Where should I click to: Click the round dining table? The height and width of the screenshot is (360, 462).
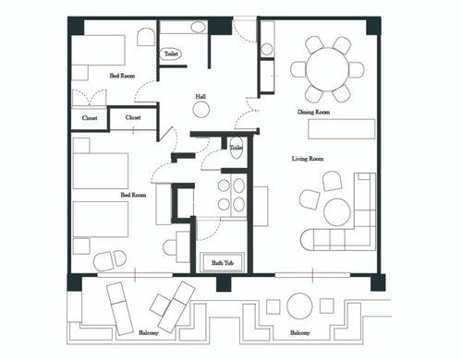point(327,69)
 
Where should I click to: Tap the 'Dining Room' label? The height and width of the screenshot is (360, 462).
point(313,112)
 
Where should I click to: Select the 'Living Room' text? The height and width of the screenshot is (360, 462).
point(308,159)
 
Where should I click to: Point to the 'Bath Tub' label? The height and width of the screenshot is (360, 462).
point(223,263)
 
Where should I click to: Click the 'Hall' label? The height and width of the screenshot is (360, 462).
point(201,97)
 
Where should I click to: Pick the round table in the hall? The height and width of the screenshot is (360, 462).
point(201,110)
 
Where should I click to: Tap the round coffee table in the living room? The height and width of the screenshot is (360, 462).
point(337,212)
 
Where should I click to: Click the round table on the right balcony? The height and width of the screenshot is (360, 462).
point(299,306)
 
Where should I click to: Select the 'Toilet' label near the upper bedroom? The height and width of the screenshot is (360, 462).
point(171,54)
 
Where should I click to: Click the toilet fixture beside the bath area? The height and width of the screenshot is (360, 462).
point(237,148)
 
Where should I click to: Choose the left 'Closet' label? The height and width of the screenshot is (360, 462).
point(90,118)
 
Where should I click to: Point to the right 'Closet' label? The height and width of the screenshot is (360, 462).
point(133,117)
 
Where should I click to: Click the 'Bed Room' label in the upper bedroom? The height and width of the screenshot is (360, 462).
point(122,76)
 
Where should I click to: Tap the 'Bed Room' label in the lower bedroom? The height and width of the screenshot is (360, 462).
point(133,195)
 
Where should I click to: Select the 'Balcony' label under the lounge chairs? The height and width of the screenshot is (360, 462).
point(149,332)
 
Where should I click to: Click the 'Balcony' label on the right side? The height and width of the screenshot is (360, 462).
point(300,332)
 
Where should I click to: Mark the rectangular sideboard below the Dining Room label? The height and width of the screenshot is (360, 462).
point(342,129)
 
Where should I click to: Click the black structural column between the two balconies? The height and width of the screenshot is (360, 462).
point(224,283)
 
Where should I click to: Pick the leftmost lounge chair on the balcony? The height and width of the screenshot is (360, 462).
point(120,308)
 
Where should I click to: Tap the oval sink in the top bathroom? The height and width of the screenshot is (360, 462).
point(198,27)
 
